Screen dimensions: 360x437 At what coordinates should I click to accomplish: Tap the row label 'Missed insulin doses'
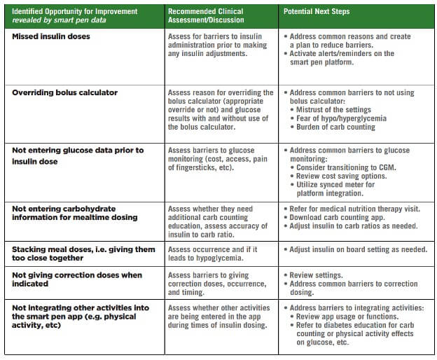pos(51,36)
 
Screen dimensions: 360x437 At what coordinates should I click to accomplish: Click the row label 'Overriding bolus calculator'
pos(64,93)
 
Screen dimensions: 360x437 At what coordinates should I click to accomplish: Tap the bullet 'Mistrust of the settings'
pos(332,110)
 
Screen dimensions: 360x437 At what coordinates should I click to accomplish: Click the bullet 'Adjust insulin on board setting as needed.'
pos(355,249)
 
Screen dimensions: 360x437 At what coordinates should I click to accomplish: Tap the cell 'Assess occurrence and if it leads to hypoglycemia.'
pos(213,254)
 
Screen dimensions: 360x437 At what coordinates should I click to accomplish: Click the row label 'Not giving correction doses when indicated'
pos(76,279)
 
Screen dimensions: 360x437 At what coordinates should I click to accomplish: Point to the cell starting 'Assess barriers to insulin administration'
pos(217,45)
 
